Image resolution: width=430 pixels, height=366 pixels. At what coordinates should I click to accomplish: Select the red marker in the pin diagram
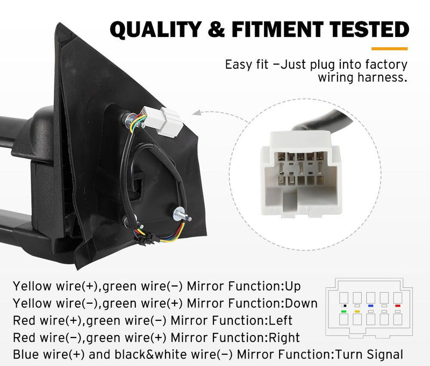point(398,305)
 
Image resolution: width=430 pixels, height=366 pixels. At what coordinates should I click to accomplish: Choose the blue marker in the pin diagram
point(371,305)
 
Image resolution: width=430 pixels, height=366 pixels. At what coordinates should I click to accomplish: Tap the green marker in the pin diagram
point(343,311)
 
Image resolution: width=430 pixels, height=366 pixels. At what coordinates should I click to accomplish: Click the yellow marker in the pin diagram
point(357,311)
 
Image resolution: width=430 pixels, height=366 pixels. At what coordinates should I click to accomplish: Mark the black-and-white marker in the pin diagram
point(343,305)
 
